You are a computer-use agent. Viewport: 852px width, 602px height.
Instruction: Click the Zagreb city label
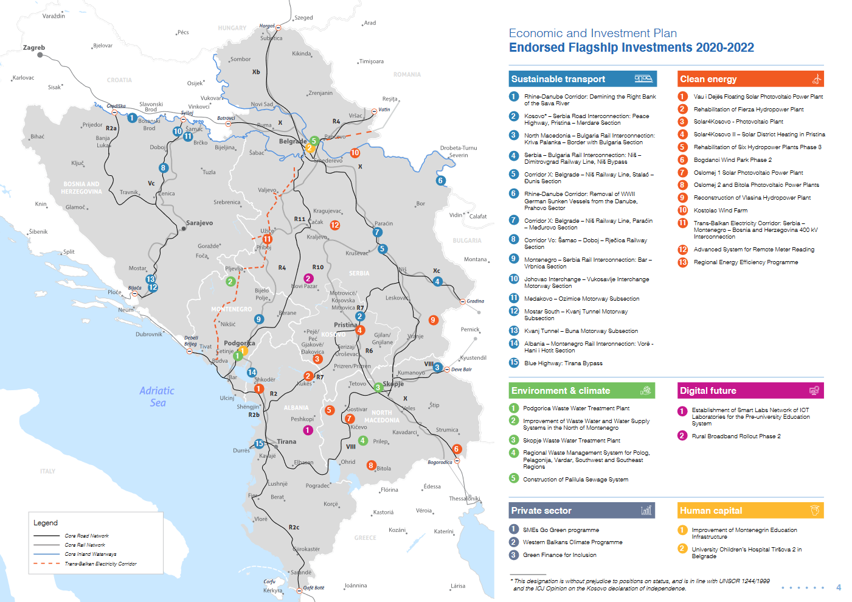click(x=34, y=47)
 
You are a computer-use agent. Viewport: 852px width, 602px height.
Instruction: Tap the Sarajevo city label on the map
click(x=199, y=223)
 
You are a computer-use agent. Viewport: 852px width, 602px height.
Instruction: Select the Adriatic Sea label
click(x=157, y=396)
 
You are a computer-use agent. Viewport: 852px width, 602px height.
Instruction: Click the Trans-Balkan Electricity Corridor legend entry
click(x=100, y=564)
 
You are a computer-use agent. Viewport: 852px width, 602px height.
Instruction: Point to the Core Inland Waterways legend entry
click(x=90, y=554)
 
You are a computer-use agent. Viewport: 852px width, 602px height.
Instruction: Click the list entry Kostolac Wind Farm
click(x=721, y=211)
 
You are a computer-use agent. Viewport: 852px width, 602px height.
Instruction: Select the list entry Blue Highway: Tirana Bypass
click(x=563, y=363)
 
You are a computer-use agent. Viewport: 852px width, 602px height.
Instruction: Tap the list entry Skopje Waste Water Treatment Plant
click(x=571, y=441)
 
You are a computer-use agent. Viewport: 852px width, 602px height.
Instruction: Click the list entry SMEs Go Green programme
click(x=561, y=530)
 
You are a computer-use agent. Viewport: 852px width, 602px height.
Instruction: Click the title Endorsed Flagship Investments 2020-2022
click(x=631, y=47)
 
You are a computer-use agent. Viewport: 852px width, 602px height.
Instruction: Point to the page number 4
click(x=839, y=587)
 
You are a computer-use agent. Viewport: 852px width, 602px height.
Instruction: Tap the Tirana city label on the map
click(x=286, y=441)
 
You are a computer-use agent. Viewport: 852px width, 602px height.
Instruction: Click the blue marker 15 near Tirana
click(x=259, y=444)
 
